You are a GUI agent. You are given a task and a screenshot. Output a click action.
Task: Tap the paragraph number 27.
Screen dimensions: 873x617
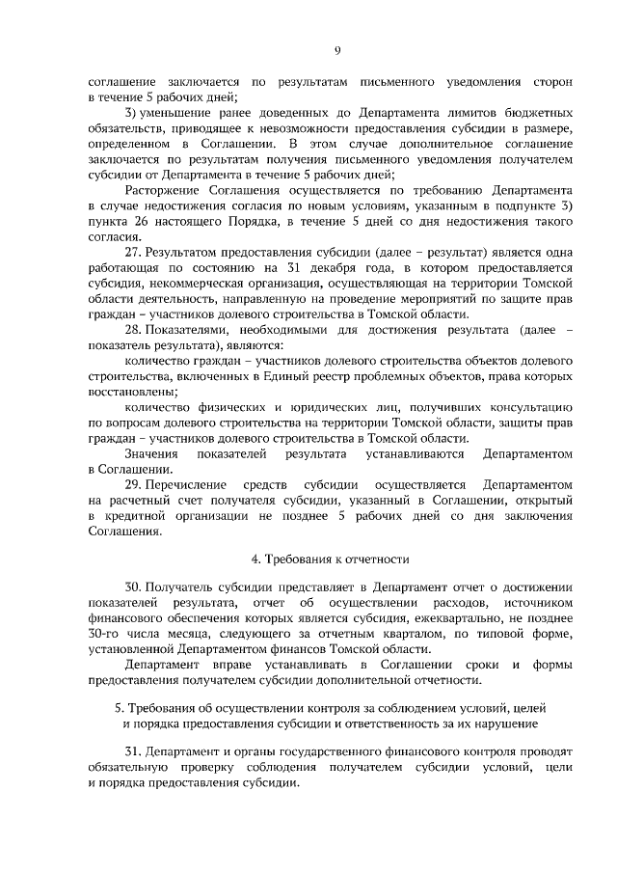point(135,251)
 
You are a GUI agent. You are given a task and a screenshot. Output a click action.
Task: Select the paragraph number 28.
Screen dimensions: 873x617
point(135,329)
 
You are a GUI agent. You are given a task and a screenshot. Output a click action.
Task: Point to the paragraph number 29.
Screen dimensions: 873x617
point(135,485)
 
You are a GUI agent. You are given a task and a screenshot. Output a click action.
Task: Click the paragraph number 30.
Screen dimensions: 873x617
point(135,587)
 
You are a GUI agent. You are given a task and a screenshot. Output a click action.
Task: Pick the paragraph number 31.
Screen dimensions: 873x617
point(135,750)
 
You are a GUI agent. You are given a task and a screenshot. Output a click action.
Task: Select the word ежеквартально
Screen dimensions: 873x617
point(467,618)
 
